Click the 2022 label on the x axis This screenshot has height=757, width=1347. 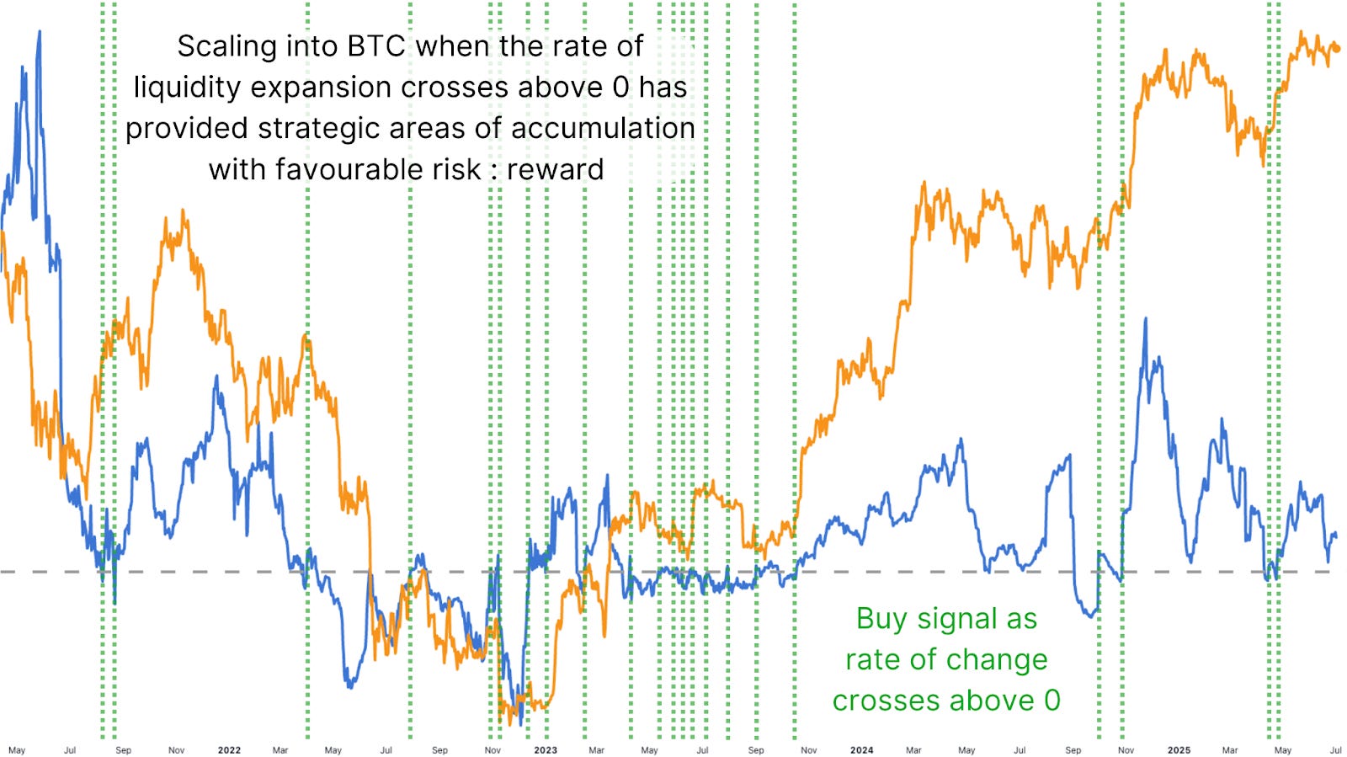click(x=229, y=749)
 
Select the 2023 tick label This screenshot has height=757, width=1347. click(x=546, y=749)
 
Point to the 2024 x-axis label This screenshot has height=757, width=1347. click(x=861, y=749)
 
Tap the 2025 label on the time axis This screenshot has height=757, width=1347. click(x=1179, y=749)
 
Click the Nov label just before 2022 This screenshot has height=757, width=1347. click(x=176, y=749)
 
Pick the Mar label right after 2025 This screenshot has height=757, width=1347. click(x=1230, y=749)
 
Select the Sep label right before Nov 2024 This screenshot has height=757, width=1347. click(x=1073, y=749)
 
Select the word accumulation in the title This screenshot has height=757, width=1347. click(x=603, y=128)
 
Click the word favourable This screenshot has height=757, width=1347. click(x=345, y=169)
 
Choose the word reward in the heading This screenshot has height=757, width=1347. click(x=556, y=169)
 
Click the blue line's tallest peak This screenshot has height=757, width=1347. click(x=40, y=32)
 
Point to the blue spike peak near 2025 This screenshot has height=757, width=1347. click(x=1145, y=319)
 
